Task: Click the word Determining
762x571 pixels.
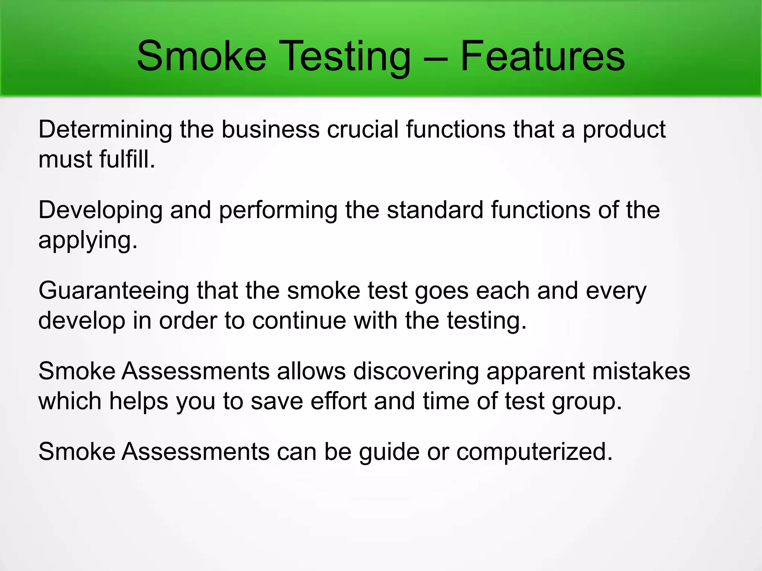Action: pos(105,130)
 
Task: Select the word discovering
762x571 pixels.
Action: pos(416,372)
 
